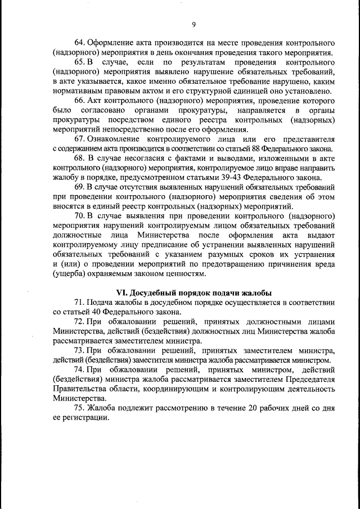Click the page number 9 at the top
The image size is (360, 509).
(193, 24)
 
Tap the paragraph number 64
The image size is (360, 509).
(80, 43)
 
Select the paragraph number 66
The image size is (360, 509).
(80, 100)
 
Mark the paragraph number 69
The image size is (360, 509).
(80, 186)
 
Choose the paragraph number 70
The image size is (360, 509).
(80, 214)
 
